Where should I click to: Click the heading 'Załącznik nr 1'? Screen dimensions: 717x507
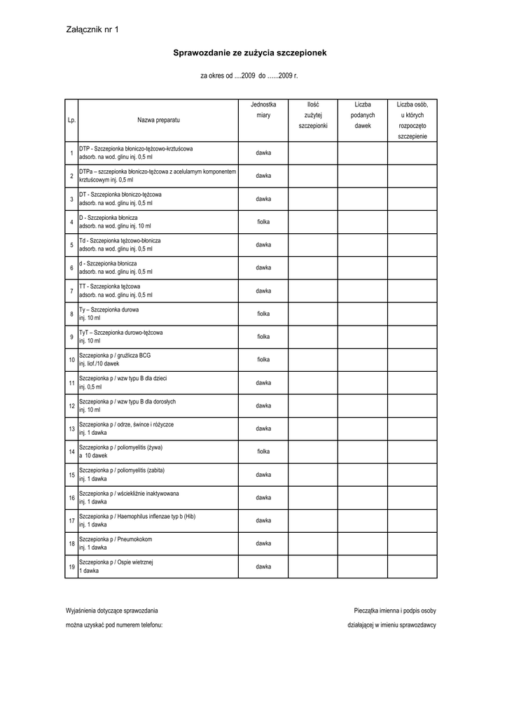pos(92,30)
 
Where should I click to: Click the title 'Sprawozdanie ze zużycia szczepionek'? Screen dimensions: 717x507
pos(250,53)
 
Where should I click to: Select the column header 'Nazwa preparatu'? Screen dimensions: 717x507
pos(158,120)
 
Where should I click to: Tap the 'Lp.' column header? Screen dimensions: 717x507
pos(71,120)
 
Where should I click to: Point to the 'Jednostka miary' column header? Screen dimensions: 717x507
pos(263,109)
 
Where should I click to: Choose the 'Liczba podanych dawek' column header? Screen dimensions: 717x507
pos(363,115)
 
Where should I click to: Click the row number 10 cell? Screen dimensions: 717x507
pos(71,360)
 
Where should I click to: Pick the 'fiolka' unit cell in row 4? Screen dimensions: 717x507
pos(263,222)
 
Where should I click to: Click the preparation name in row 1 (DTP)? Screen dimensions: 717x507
pos(136,153)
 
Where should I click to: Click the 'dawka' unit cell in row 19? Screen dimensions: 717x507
pos(263,566)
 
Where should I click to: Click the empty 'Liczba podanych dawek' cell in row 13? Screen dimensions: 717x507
pos(363,429)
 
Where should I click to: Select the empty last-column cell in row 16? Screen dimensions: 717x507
pos(412,498)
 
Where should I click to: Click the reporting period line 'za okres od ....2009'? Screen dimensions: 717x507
pos(249,76)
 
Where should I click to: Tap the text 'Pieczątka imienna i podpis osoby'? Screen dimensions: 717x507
pos(395,611)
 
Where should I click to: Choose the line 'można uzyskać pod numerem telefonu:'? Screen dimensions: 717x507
pos(114,625)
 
